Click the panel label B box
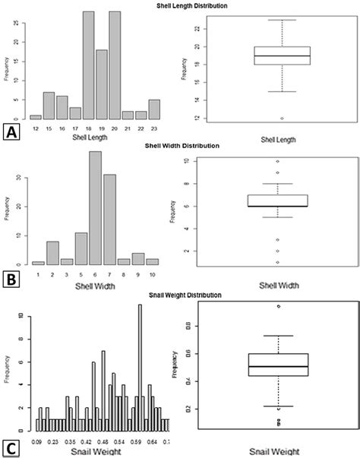pyautogui.click(x=11, y=278)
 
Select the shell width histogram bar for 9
pyautogui.click(x=138, y=258)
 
